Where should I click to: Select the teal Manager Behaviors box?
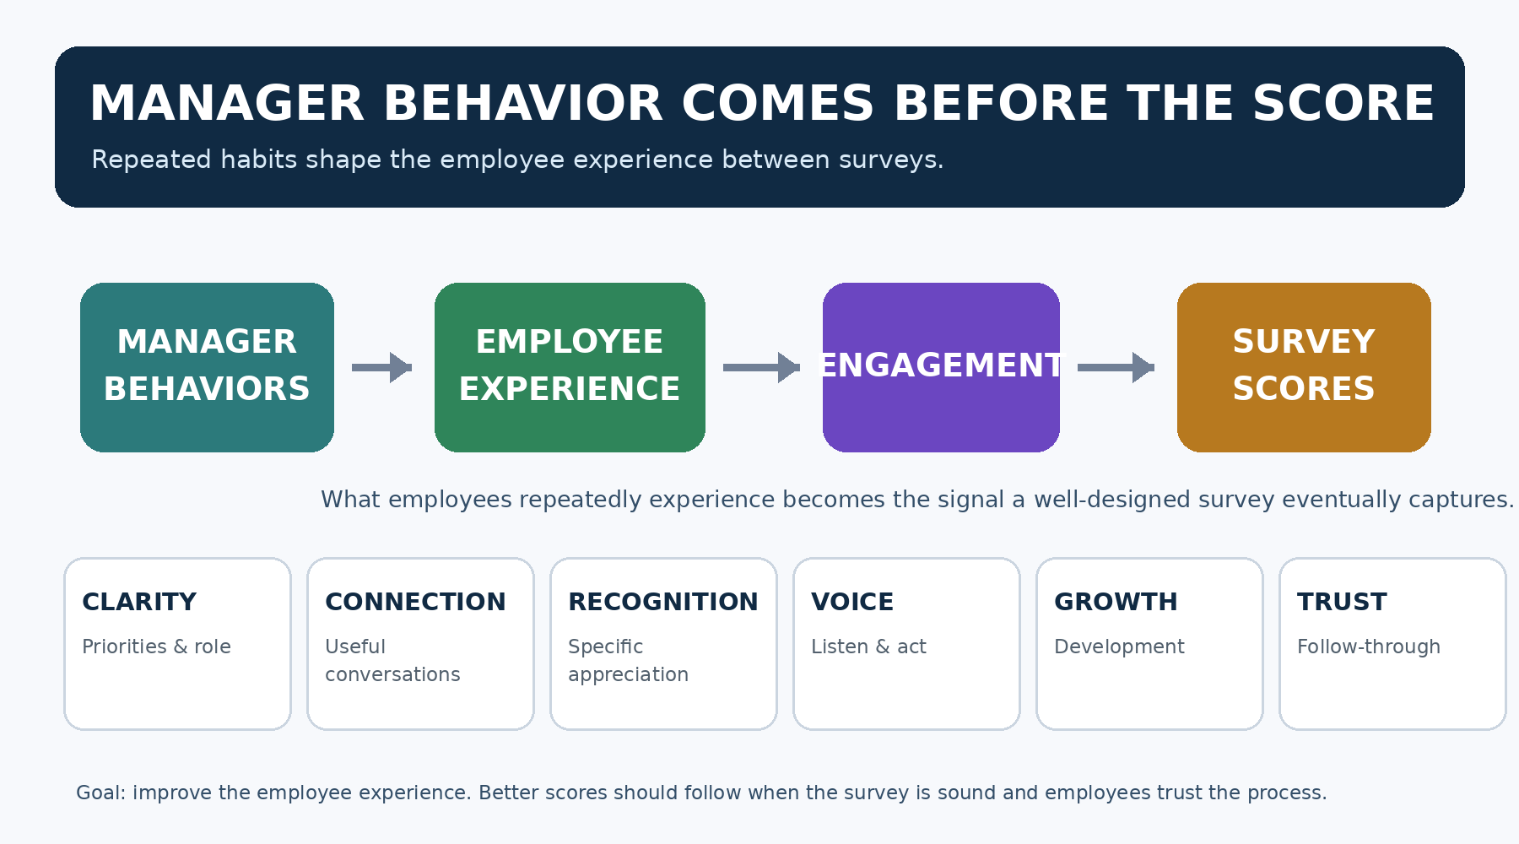[207, 367]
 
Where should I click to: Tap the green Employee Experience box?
[570, 367]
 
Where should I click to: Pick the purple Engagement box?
[941, 367]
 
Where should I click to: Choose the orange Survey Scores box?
[1304, 367]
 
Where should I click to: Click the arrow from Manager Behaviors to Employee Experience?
[381, 367]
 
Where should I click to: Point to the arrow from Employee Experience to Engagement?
[761, 367]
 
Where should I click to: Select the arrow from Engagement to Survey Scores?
[1116, 367]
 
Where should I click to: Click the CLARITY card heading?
[139, 602]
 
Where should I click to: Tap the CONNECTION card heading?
[415, 602]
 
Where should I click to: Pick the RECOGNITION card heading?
[663, 602]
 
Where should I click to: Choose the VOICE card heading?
[852, 602]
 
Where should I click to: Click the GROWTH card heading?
[1116, 602]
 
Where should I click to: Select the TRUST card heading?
[1342, 602]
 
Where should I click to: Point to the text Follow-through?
[1369, 647]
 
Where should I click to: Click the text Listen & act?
[868, 647]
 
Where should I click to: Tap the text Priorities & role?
[156, 647]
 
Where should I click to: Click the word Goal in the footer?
[100, 793]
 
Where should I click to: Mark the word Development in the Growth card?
[1119, 647]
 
